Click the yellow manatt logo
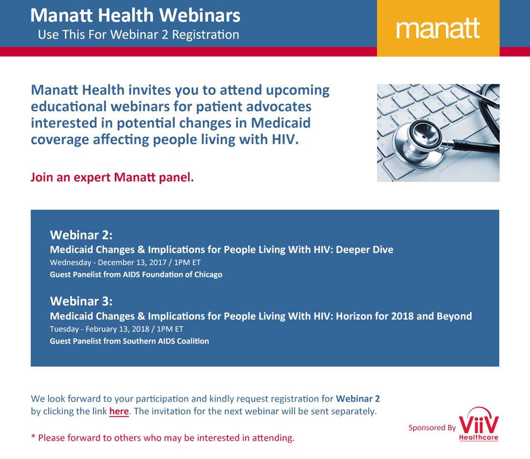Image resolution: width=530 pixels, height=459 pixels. click(438, 28)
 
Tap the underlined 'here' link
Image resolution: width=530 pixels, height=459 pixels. click(119, 411)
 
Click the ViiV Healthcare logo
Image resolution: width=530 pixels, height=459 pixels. click(479, 424)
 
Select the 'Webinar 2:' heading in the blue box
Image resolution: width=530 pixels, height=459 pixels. click(81, 235)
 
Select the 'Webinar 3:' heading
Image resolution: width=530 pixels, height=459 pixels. click(81, 301)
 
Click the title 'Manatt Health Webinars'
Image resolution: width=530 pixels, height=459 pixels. click(135, 15)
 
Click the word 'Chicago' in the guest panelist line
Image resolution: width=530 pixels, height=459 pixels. click(208, 274)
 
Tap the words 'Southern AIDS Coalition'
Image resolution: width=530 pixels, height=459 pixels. click(166, 341)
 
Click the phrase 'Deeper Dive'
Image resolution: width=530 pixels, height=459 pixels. click(364, 249)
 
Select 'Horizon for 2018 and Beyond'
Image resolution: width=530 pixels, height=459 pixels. click(404, 316)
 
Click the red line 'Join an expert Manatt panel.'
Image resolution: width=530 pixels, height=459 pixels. click(112, 177)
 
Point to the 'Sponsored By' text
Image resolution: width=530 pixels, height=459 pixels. click(432, 428)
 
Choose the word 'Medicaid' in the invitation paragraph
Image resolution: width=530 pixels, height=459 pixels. click(281, 123)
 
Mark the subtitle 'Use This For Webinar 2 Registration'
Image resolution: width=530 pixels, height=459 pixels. click(138, 34)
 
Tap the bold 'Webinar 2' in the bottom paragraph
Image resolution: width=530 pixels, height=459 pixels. click(358, 399)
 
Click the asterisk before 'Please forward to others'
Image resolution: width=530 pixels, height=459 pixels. click(33, 436)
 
